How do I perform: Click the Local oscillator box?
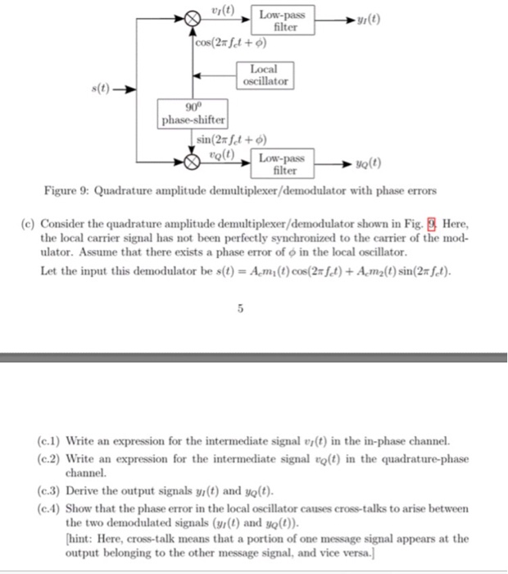pyautogui.click(x=265, y=76)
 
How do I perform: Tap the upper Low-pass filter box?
pyautogui.click(x=281, y=20)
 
